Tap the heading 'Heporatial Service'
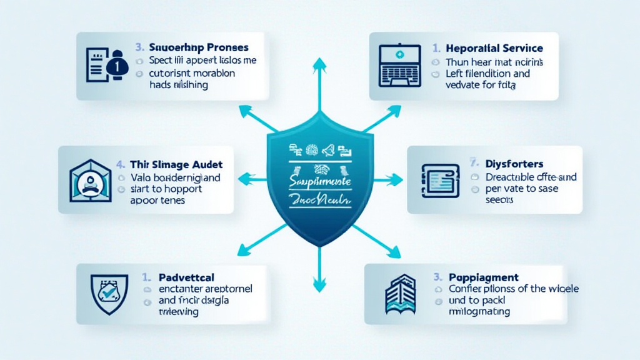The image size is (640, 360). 494,48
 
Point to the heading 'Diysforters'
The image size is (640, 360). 514,164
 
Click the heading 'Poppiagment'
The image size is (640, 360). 484,276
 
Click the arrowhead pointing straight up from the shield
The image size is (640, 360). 319,63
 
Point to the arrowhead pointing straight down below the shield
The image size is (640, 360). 319,287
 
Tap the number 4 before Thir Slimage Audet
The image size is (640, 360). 120,165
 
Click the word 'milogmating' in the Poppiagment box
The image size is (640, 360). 479,311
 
